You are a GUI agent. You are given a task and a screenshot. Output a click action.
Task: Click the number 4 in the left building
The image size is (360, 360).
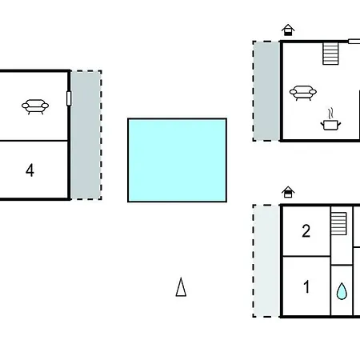[x=30, y=170]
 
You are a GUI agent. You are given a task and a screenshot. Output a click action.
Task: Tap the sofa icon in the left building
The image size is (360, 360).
[x=35, y=106]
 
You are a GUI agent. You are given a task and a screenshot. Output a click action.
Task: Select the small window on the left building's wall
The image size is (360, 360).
[x=69, y=98]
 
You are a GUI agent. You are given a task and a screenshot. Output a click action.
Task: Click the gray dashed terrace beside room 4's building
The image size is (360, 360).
[x=86, y=135]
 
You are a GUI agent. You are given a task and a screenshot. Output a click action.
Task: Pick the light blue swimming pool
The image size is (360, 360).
[x=178, y=160]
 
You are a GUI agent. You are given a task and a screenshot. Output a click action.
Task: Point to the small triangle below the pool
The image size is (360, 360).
[x=181, y=287]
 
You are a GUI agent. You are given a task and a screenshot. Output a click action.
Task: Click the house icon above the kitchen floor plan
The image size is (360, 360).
[x=288, y=30]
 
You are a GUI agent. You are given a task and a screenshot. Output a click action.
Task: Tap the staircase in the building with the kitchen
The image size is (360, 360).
[x=330, y=54]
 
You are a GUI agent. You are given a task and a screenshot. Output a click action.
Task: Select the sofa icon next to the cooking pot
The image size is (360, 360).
[x=303, y=93]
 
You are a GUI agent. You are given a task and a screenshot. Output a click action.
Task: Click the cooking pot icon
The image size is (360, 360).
[x=330, y=125]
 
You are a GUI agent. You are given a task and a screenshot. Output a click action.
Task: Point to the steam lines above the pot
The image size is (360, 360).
[x=330, y=113]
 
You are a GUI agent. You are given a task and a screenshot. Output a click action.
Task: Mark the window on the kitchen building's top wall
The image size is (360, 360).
[x=354, y=42]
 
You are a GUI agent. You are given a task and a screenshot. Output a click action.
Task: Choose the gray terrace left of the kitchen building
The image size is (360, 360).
[x=266, y=91]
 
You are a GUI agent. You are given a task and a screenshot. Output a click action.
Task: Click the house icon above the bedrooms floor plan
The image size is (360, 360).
[x=288, y=192]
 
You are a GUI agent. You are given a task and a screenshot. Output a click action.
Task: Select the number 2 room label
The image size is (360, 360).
[x=306, y=231]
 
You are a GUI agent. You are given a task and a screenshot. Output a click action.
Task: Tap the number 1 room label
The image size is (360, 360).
[x=306, y=286]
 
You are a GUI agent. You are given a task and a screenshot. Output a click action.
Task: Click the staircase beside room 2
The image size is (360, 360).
[x=338, y=223]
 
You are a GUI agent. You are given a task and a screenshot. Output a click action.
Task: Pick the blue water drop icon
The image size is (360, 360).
[x=342, y=291]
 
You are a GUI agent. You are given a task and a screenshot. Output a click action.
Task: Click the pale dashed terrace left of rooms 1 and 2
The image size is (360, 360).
[x=266, y=261]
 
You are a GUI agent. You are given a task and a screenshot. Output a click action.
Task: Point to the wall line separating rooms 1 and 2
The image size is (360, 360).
[x=306, y=256]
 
